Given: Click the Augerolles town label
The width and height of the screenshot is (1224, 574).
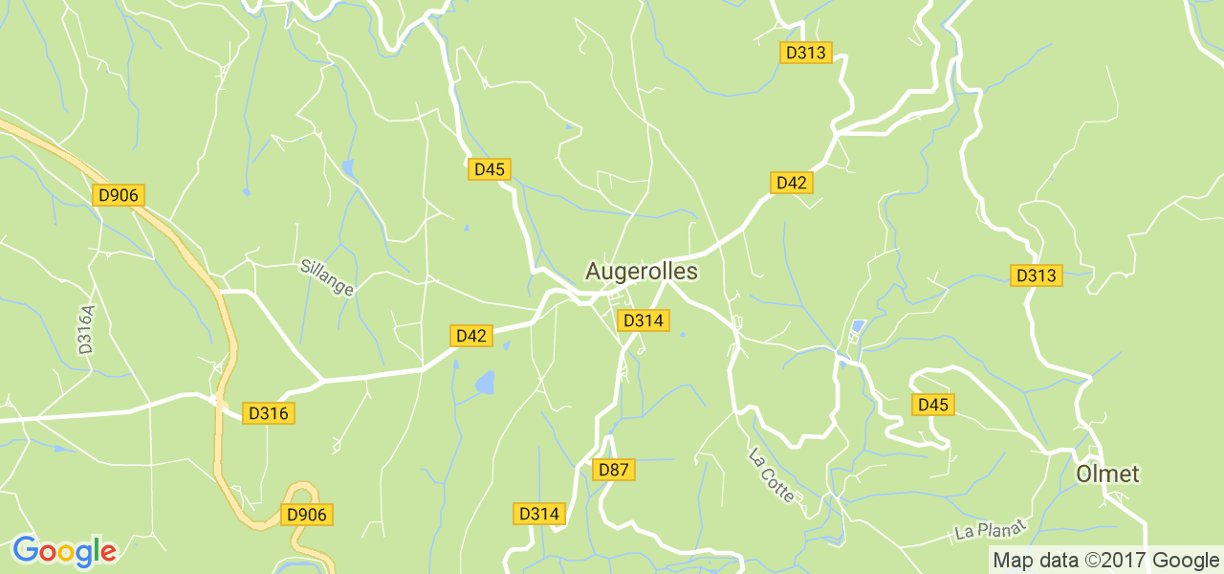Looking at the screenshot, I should (641, 272).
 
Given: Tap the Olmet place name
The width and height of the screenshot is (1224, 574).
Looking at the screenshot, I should (1107, 475).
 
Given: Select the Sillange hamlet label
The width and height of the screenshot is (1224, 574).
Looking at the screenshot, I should (327, 276).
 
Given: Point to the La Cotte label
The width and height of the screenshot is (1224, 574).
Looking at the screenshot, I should (772, 475).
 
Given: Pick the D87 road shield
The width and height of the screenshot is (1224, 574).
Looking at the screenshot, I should (613, 470).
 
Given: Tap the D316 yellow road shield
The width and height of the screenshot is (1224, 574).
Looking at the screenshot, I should (268, 413).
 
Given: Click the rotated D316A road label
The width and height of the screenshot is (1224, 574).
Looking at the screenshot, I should (87, 330).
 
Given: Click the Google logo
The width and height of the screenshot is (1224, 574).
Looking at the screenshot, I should (64, 551).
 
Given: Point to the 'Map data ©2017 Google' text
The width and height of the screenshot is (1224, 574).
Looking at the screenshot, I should (1104, 561).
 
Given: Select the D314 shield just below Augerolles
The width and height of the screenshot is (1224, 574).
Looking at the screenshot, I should (643, 320).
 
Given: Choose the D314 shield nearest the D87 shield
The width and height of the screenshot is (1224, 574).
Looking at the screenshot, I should (538, 514).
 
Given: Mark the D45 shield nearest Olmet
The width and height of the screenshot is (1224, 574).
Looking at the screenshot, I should (932, 405).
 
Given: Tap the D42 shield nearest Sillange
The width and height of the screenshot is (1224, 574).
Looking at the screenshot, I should (471, 336).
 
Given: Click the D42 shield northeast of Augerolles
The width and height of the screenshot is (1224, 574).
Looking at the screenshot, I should (791, 183).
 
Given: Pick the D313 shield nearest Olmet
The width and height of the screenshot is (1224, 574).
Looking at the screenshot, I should (1036, 276).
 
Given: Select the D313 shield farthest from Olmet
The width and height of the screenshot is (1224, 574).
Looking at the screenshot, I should (804, 54).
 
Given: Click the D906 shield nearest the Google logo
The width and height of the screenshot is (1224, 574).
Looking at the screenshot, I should (307, 515).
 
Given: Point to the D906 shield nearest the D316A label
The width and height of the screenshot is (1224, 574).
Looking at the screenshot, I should (119, 195).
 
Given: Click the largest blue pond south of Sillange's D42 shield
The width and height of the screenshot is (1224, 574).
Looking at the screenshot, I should (486, 383).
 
